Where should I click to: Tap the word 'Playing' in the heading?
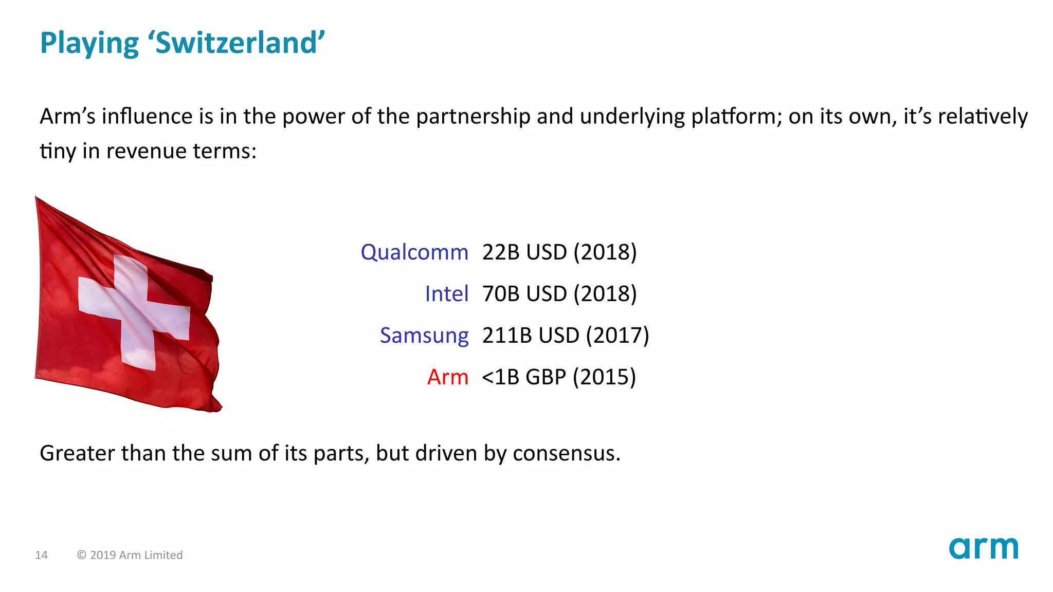(89, 44)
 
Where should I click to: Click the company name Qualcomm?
(414, 252)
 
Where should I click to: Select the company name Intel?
(446, 294)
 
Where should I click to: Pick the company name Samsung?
(424, 336)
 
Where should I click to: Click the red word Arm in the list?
(447, 377)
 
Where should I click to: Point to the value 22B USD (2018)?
(559, 252)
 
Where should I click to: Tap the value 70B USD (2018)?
(559, 294)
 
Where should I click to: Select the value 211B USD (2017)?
(566, 336)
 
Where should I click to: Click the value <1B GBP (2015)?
(559, 377)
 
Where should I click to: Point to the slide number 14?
(41, 555)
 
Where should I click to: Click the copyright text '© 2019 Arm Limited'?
(130, 555)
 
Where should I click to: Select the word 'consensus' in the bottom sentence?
(566, 453)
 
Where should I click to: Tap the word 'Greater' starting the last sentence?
(77, 453)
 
